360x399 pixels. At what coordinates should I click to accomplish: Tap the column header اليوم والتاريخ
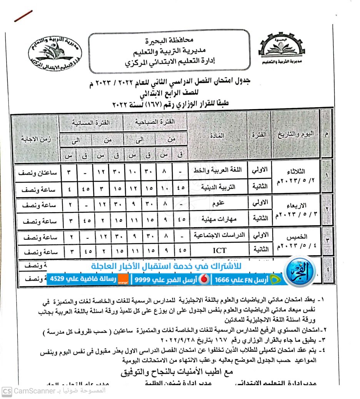[x=296, y=134]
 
